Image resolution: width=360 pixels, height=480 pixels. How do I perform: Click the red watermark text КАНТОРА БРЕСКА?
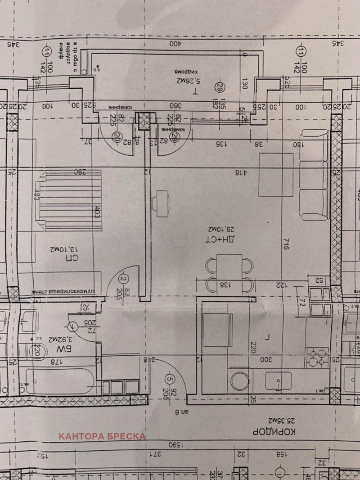point(103,436)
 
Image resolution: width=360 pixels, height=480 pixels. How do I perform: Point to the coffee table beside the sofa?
point(276,175)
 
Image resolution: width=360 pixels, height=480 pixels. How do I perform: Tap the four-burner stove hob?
point(316,357)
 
